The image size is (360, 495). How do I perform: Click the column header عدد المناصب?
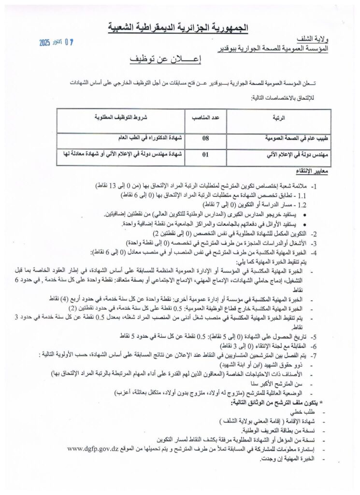pos(205,117)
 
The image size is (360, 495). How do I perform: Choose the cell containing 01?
pos(205,155)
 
